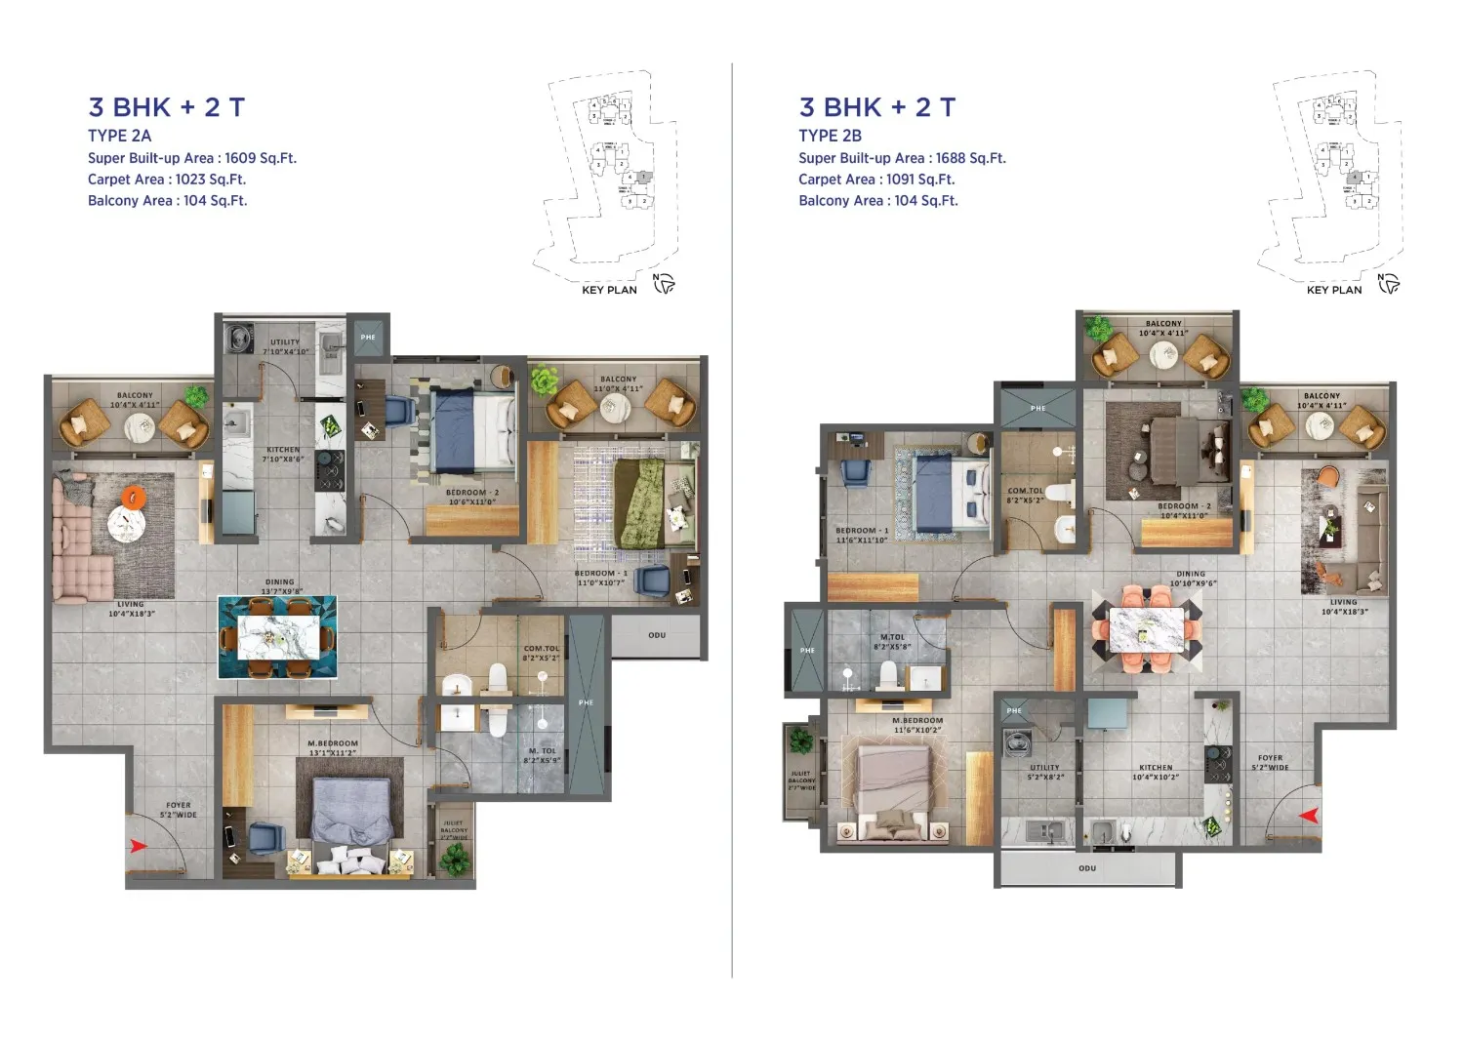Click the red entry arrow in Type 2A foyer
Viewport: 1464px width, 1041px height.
point(139,846)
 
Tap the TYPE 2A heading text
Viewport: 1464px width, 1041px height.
point(120,136)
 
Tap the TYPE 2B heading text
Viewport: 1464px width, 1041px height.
point(830,136)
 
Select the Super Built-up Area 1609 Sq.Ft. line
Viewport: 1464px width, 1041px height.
point(192,158)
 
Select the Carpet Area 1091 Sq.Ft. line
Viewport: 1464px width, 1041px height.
point(876,180)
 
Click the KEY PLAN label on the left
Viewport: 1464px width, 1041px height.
point(609,290)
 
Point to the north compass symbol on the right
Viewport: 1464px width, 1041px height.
point(1389,284)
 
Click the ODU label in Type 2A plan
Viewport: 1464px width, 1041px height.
point(657,635)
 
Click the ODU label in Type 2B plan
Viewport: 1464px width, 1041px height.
point(1087,867)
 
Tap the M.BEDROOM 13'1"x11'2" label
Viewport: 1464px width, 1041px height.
point(333,748)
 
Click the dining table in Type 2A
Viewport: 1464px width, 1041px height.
point(278,637)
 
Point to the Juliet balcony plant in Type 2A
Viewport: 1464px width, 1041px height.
point(454,858)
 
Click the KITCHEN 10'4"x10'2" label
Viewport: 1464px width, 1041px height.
point(1156,773)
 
